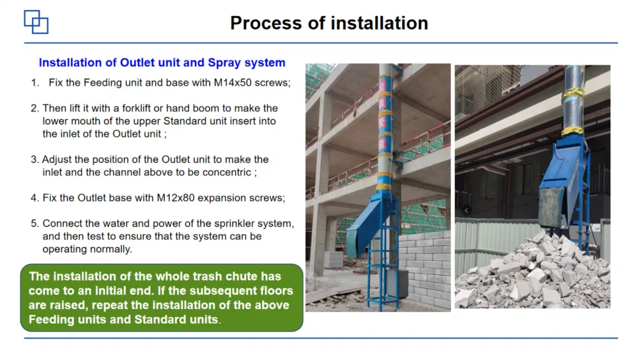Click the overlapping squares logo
coord(36,22)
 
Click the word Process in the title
coord(266,23)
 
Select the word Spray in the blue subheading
coord(224,63)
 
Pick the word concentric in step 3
coord(227,172)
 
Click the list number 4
coord(35,198)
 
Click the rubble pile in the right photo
coord(534,272)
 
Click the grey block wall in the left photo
coord(424,271)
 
